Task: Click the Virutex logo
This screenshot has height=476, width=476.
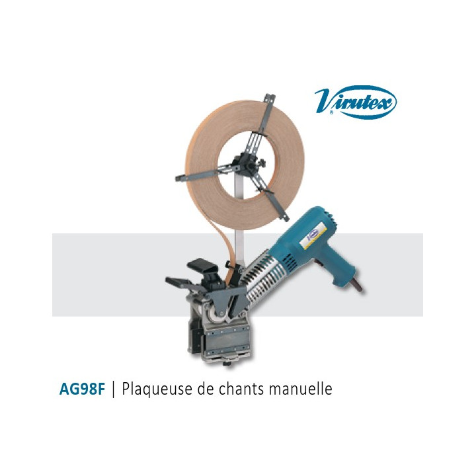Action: [356, 102]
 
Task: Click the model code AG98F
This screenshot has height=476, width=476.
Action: [82, 389]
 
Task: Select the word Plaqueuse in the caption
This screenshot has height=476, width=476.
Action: [156, 389]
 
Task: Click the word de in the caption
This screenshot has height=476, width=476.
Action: [204, 389]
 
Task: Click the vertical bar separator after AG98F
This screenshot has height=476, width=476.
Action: [114, 389]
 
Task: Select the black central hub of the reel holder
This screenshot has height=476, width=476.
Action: [249, 163]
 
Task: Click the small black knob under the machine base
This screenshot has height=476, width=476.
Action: [227, 364]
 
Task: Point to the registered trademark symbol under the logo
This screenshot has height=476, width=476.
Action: [331, 112]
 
